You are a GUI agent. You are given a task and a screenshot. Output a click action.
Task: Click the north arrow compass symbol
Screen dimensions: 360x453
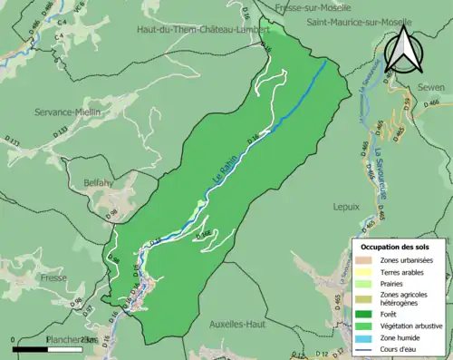coord(401,49)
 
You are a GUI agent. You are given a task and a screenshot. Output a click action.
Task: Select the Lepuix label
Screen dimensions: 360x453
coord(348,207)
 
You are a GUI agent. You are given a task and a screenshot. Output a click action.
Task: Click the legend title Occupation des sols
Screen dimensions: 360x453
coord(395,246)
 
